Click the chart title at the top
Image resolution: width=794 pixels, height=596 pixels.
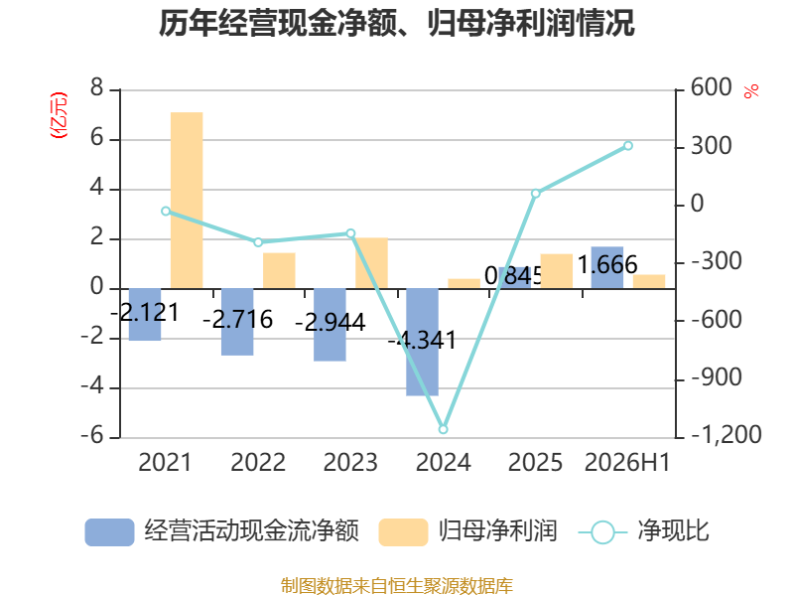(396, 23)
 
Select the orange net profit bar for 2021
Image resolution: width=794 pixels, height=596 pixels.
(187, 201)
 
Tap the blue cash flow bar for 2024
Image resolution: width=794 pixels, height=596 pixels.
(423, 342)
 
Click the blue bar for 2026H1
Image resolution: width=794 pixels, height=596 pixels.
(607, 267)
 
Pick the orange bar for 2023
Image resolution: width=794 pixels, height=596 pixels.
(371, 263)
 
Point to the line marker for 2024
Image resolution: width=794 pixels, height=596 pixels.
(443, 429)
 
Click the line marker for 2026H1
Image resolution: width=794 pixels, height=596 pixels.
(628, 146)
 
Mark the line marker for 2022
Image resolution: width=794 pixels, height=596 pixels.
(258, 242)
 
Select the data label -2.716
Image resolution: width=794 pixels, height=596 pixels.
(237, 320)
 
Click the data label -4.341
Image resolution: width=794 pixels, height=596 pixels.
(423, 340)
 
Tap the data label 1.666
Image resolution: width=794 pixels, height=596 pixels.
(607, 264)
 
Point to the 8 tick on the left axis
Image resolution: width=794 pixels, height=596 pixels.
(96, 87)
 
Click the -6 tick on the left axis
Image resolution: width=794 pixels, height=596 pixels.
(92, 435)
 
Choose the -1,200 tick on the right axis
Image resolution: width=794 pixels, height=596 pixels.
(727, 435)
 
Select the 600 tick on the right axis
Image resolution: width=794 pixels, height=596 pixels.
(711, 87)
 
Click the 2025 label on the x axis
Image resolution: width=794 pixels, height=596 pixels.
(535, 463)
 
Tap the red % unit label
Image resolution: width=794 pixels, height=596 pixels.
(751, 91)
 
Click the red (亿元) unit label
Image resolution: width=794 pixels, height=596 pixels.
(59, 115)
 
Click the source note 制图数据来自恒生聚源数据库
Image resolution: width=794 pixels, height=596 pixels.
(397, 586)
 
